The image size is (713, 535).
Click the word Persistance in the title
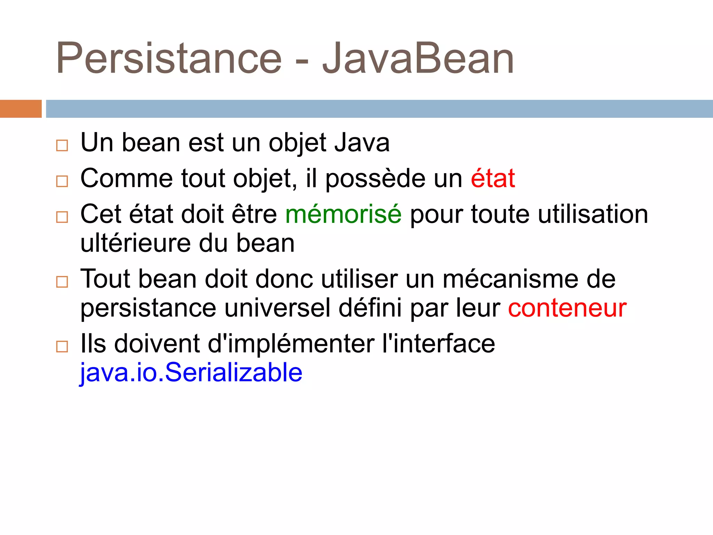pos(169,59)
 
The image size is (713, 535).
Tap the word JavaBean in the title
pos(418,59)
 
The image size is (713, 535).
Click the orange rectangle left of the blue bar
pos(21,109)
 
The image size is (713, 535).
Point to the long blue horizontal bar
pos(379,109)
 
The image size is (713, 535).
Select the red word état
pos(493,178)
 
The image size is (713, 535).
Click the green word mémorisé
pos(343,214)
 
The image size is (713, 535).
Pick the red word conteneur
pos(567,308)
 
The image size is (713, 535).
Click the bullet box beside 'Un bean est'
pos(62,145)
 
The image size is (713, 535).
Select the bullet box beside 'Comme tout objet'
pos(62,181)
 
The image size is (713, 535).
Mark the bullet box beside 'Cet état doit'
pos(62,217)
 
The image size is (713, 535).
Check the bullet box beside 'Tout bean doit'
pos(62,281)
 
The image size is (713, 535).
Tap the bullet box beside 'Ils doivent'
pos(62,346)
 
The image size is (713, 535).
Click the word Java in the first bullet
pos(362,143)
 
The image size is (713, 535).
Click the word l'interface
pos(438,344)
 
